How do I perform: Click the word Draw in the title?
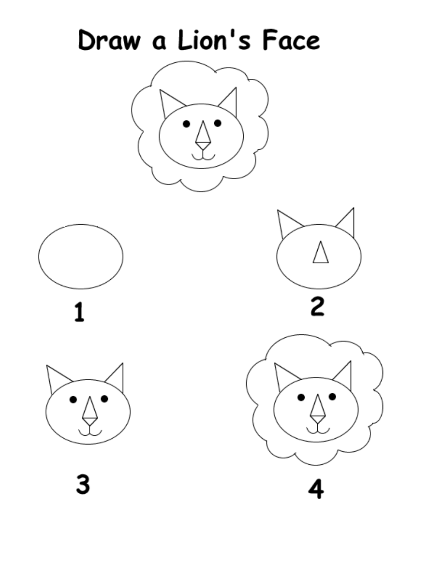click(109, 40)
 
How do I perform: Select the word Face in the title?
click(292, 40)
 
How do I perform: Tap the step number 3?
click(83, 484)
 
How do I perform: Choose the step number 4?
click(316, 489)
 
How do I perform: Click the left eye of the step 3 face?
click(73, 400)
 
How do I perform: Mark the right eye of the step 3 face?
click(104, 399)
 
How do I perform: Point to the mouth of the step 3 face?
click(90, 432)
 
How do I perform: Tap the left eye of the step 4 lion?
click(301, 397)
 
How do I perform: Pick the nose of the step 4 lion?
click(318, 409)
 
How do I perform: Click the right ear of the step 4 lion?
click(343, 376)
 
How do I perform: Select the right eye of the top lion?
click(218, 123)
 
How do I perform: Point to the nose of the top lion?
click(203, 135)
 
